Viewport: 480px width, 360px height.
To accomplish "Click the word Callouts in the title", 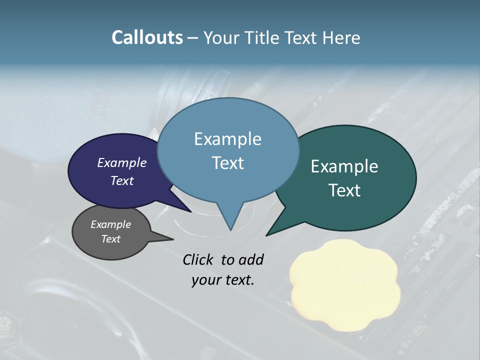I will [147, 37].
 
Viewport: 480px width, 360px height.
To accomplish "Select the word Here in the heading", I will [340, 37].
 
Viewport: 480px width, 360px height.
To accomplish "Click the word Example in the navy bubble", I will [122, 162].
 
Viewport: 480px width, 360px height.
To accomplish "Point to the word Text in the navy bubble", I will [122, 180].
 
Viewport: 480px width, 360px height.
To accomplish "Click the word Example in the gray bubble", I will [111, 224].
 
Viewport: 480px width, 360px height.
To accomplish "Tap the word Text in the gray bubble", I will [111, 239].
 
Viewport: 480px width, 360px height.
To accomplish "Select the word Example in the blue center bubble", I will [227, 139].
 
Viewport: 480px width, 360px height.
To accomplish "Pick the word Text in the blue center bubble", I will [227, 163].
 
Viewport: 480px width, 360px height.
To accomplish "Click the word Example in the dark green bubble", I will [344, 166].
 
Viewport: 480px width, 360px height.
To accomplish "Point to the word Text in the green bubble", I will [344, 190].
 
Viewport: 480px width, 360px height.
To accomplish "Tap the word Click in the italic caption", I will [198, 259].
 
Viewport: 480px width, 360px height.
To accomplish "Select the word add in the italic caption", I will [251, 259].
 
